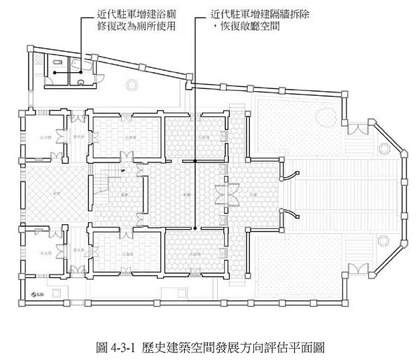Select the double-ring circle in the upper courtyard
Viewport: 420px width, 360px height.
[130, 85]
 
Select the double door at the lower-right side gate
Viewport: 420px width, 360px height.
[358, 268]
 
